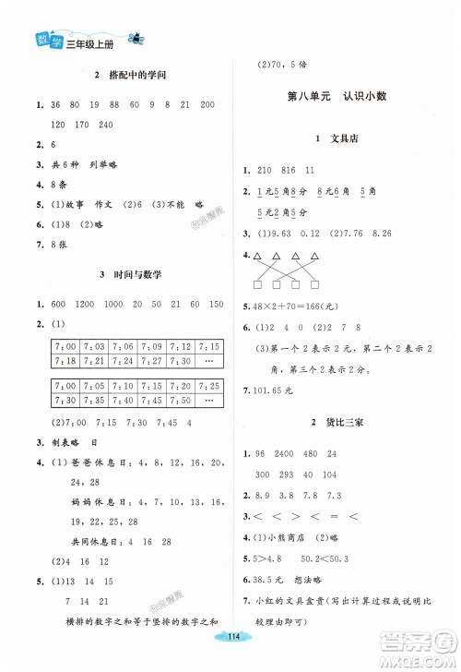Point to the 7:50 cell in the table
coord(183,399)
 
